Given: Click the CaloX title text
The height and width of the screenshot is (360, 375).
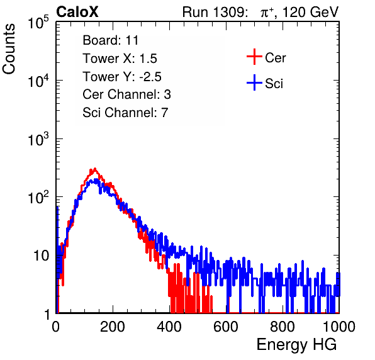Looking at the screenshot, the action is coord(77,12).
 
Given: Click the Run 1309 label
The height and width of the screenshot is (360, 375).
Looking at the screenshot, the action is coord(215,12).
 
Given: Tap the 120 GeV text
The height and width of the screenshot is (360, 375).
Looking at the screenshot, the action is coord(310,12).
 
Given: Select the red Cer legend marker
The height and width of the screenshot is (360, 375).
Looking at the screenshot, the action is coord(254,57).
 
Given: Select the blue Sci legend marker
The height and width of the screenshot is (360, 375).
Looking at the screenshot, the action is coord(254,82).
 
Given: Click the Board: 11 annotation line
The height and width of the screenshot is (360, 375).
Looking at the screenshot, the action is coord(111,40).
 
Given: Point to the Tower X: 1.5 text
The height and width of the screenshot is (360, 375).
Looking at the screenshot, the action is coord(120,59).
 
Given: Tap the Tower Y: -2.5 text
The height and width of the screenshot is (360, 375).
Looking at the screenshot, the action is coord(122,77).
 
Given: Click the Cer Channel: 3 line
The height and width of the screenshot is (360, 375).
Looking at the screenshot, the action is coord(126,94).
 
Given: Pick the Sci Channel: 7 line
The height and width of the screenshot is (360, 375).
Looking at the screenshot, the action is coord(125,113).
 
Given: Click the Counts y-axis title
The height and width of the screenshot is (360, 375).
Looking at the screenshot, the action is coord(9,48).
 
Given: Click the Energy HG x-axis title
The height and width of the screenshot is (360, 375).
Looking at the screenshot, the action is coord(296,345).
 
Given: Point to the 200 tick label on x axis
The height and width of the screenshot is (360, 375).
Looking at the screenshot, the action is coord(113,327).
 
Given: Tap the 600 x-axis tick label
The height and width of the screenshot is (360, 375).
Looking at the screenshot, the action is coord(225,327).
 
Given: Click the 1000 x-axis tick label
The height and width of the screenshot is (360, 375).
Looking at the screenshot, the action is coord(339,327).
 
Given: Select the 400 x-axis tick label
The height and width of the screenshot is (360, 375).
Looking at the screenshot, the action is coord(169,327).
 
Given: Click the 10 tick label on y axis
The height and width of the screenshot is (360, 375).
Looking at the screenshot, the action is coord(42,256).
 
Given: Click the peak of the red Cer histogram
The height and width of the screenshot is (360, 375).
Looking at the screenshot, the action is coord(95,169).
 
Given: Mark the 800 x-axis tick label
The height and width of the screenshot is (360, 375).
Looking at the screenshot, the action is coord(283,327).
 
